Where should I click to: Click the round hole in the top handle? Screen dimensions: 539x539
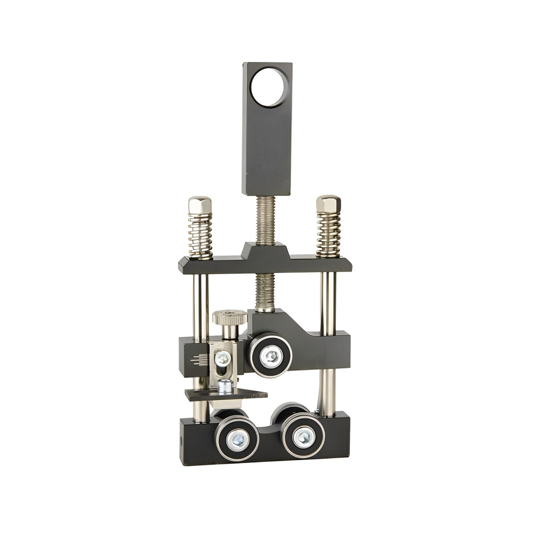pyautogui.click(x=269, y=87)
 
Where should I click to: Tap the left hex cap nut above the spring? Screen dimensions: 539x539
pyautogui.click(x=200, y=205)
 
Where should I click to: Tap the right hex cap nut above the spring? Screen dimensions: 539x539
pyautogui.click(x=328, y=204)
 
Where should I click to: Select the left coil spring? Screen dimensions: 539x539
pyautogui.click(x=201, y=235)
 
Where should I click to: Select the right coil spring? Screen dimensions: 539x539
pyautogui.click(x=328, y=234)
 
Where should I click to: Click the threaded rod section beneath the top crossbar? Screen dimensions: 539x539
pyautogui.click(x=265, y=292)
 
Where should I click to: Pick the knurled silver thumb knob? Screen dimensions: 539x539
pyautogui.click(x=230, y=318)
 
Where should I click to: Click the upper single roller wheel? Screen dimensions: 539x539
pyautogui.click(x=271, y=356)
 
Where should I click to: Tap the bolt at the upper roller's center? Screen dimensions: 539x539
pyautogui.click(x=271, y=356)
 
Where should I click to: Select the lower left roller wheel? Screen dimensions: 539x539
pyautogui.click(x=237, y=438)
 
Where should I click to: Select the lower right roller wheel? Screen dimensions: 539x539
pyautogui.click(x=303, y=435)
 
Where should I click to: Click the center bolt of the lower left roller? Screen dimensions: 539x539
pyautogui.click(x=237, y=438)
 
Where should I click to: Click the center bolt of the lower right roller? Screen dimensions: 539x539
pyautogui.click(x=304, y=436)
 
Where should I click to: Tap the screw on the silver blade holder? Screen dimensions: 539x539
pyautogui.click(x=223, y=358)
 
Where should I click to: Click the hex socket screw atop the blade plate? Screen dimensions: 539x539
pyautogui.click(x=225, y=386)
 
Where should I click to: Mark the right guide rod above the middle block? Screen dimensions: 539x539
pyautogui.click(x=327, y=300)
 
